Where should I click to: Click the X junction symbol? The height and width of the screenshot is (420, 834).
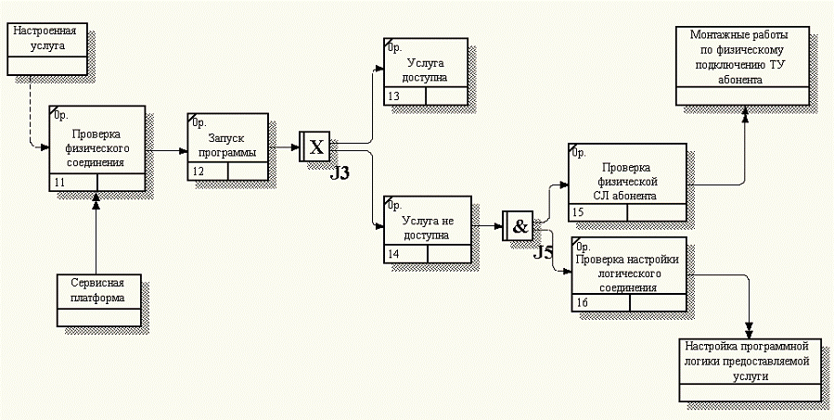click(315, 146)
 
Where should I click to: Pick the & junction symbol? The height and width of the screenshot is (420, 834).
click(519, 225)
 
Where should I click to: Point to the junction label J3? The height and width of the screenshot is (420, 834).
click(340, 173)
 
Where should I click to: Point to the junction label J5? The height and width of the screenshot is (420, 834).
click(544, 252)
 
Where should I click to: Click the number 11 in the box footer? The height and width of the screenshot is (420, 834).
click(60, 183)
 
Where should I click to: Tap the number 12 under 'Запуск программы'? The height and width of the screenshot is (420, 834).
click(198, 172)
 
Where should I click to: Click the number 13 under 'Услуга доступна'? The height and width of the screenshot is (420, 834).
click(394, 96)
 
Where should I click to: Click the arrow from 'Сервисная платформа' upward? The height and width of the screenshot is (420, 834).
click(96, 232)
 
